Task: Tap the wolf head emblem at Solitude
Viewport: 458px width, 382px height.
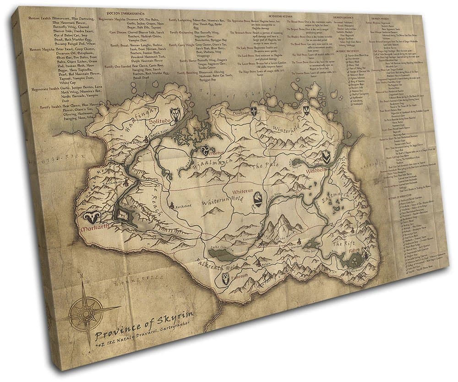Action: (175, 113)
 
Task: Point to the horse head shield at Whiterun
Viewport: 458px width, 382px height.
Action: (258, 197)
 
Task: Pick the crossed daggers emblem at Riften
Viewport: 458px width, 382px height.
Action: (365, 253)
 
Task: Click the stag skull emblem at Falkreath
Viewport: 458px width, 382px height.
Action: (226, 278)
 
